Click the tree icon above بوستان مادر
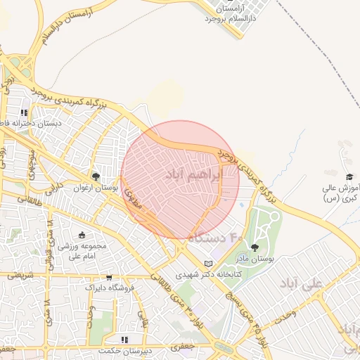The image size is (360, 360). (x=254, y=247)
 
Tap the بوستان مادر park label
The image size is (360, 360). (x=254, y=259)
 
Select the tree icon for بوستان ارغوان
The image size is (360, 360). (x=96, y=176)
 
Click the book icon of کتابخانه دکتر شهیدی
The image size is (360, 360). (x=207, y=264)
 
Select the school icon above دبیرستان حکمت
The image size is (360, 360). (x=124, y=340)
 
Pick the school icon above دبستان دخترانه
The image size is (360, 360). (x=24, y=112)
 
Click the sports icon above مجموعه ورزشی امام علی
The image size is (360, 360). (x=82, y=235)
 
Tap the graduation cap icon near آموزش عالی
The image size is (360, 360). (x=349, y=176)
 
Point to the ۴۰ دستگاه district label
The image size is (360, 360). (x=215, y=238)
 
